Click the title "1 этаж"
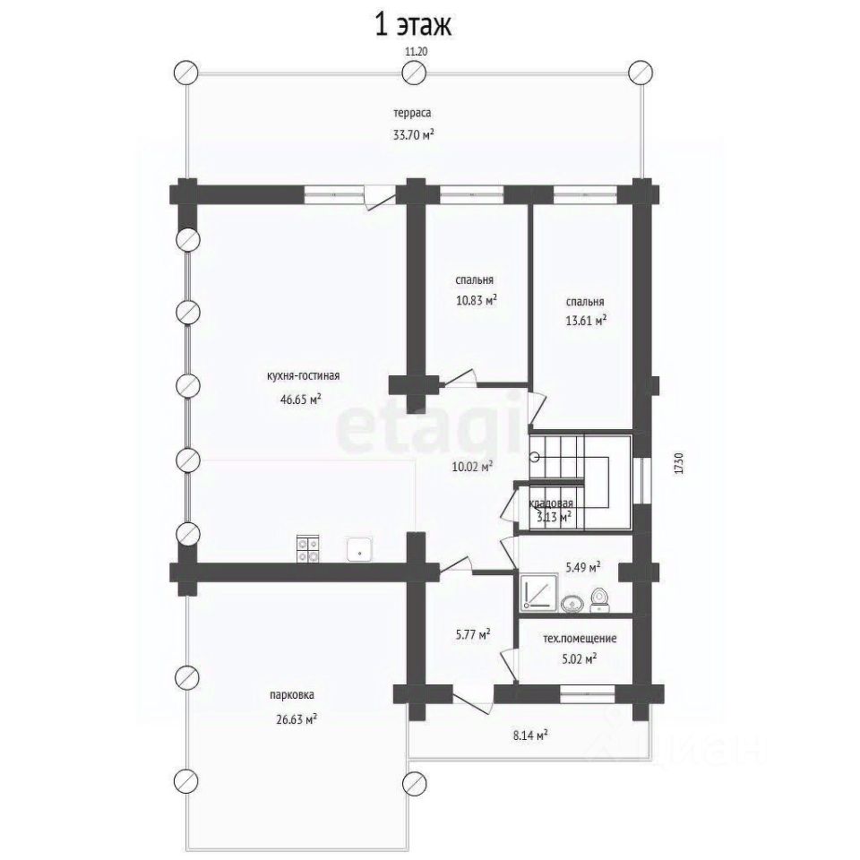(x=413, y=25)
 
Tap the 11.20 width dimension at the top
(x=416, y=52)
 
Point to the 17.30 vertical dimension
(x=679, y=463)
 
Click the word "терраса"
(x=412, y=113)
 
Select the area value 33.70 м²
(x=414, y=134)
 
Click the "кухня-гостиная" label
(x=303, y=376)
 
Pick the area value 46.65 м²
(x=301, y=399)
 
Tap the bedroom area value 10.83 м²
(x=476, y=300)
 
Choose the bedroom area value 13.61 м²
(x=586, y=321)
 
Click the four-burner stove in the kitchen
(x=307, y=549)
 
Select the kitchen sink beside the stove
(x=360, y=549)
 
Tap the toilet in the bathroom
(x=598, y=600)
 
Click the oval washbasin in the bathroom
(x=572, y=604)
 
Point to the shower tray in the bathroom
(x=538, y=592)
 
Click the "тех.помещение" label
(x=580, y=639)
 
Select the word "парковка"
(x=292, y=695)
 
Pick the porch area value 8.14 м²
(x=530, y=735)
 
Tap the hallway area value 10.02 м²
(x=472, y=467)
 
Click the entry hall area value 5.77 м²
(x=473, y=635)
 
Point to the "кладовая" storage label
(x=551, y=503)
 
